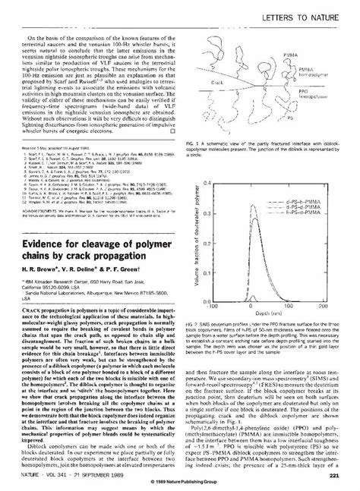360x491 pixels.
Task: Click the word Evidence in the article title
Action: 46,225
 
